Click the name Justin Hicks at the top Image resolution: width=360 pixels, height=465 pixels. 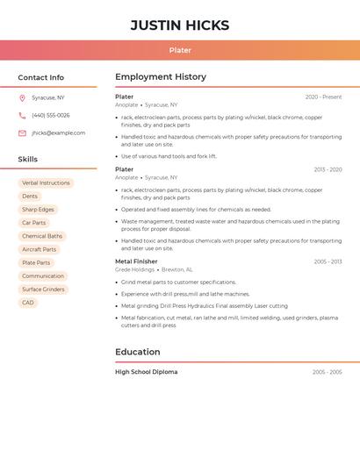pyautogui.click(x=180, y=25)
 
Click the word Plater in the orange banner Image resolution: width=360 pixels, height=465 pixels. pyautogui.click(x=180, y=50)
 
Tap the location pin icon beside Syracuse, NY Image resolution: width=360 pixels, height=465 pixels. pyautogui.click(x=22, y=97)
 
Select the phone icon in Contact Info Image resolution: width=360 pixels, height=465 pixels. pyautogui.click(x=22, y=115)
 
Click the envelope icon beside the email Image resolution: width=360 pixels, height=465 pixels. pyautogui.click(x=22, y=133)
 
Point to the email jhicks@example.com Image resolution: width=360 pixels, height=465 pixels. pyautogui.click(x=59, y=133)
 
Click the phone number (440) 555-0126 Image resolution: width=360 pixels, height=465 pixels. pyautogui.click(x=51, y=115)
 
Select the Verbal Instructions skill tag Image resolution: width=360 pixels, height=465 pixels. pyautogui.click(x=46, y=183)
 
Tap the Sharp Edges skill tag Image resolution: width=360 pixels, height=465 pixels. pyautogui.click(x=38, y=210)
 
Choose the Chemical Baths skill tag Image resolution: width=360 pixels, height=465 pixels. pyautogui.click(x=42, y=236)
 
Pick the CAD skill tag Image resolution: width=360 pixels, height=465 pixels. pyautogui.click(x=28, y=303)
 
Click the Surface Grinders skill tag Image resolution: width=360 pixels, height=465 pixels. pyautogui.click(x=43, y=290)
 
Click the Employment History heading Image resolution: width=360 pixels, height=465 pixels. pyautogui.click(x=161, y=77)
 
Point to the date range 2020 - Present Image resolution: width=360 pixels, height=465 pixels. pyautogui.click(x=323, y=97)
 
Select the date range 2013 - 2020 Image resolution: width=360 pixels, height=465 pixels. pyautogui.click(x=328, y=169)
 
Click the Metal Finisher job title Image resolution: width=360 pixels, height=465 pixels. pyautogui.click(x=136, y=261)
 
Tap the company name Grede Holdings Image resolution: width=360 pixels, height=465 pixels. pyautogui.click(x=134, y=269)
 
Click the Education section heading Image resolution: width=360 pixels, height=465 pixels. pyautogui.click(x=138, y=352)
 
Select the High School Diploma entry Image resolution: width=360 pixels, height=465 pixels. pyautogui.click(x=146, y=372)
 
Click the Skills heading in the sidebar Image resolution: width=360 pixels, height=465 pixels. pyautogui.click(x=28, y=160)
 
